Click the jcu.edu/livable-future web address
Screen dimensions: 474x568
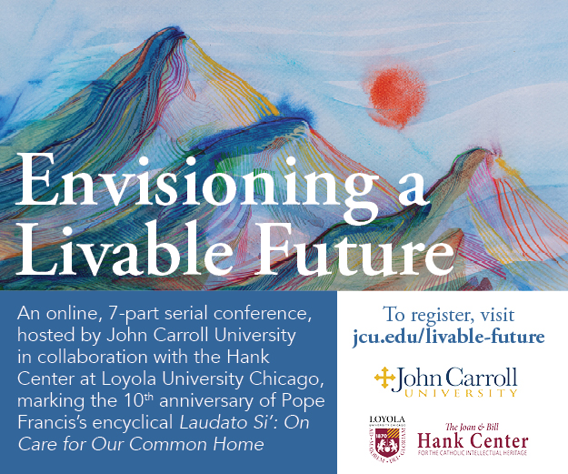449,338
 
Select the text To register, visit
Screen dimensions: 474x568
449,316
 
